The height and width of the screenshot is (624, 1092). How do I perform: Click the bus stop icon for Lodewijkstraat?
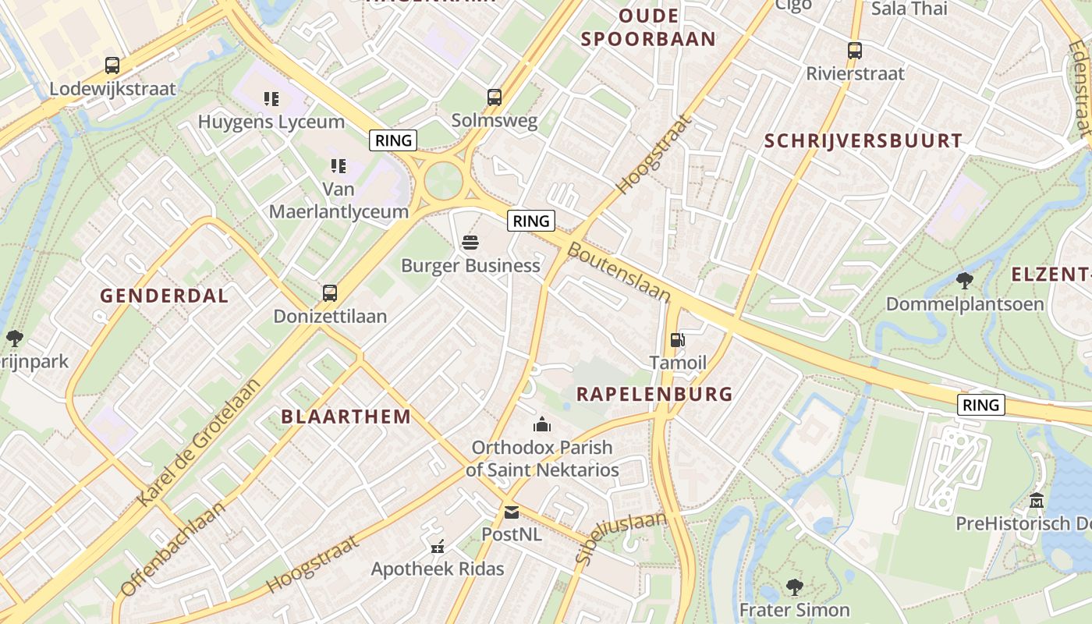click(x=112, y=66)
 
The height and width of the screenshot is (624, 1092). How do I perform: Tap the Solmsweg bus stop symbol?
click(x=495, y=97)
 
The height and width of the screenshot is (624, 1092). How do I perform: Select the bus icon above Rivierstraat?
click(x=855, y=51)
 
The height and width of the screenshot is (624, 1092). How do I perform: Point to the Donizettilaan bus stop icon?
click(x=330, y=293)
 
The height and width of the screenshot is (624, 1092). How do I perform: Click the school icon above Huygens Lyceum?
click(x=271, y=99)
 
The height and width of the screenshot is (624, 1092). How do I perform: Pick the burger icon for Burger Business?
click(x=470, y=243)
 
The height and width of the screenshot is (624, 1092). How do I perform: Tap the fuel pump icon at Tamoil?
click(x=677, y=340)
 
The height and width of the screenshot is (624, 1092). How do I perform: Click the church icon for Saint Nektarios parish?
click(x=541, y=425)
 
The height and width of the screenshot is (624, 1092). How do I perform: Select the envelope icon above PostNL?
click(x=511, y=512)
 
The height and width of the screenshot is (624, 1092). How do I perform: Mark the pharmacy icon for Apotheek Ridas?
click(x=437, y=546)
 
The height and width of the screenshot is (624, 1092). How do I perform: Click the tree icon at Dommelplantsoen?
click(x=964, y=281)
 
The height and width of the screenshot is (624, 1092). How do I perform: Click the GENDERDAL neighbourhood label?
click(x=165, y=296)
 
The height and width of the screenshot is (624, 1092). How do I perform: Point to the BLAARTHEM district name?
click(x=346, y=416)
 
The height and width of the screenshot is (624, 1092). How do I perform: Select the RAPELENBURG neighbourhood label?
click(x=654, y=394)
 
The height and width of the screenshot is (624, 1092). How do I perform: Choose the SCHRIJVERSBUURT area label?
click(x=863, y=140)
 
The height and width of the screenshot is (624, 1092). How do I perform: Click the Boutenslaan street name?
click(x=619, y=272)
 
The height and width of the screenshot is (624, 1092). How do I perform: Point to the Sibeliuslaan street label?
click(x=622, y=537)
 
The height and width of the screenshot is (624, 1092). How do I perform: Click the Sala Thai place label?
click(x=909, y=9)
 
